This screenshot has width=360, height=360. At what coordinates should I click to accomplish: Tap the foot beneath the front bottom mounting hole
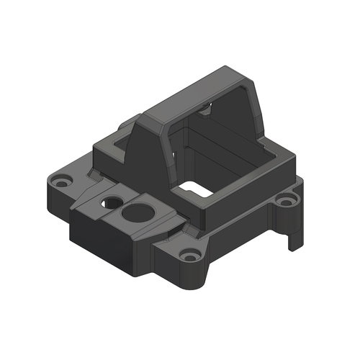[x=194, y=277]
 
